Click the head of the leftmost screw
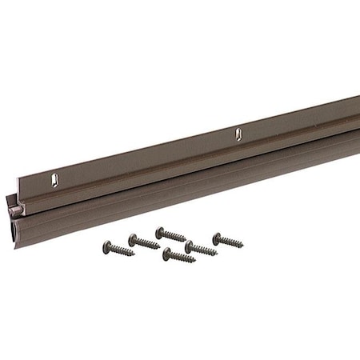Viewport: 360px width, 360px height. pos(106,245)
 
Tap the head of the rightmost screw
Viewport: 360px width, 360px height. pos(216,237)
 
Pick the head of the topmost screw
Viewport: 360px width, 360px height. pos(159,231)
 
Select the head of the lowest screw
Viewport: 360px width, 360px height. pos(167,254)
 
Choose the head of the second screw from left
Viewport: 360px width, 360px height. pos(132,238)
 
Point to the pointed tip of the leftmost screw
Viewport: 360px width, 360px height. pos(134,255)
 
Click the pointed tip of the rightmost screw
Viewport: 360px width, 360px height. pos(242,246)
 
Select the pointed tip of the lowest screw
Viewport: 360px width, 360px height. pos(194,261)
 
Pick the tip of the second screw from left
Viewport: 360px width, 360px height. pos(159,247)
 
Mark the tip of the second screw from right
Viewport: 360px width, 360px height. pos(216,254)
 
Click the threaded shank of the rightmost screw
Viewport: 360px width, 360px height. pos(230,242)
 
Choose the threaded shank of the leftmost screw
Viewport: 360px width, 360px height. pos(121,250)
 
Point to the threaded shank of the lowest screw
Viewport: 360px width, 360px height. pos(182,258)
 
